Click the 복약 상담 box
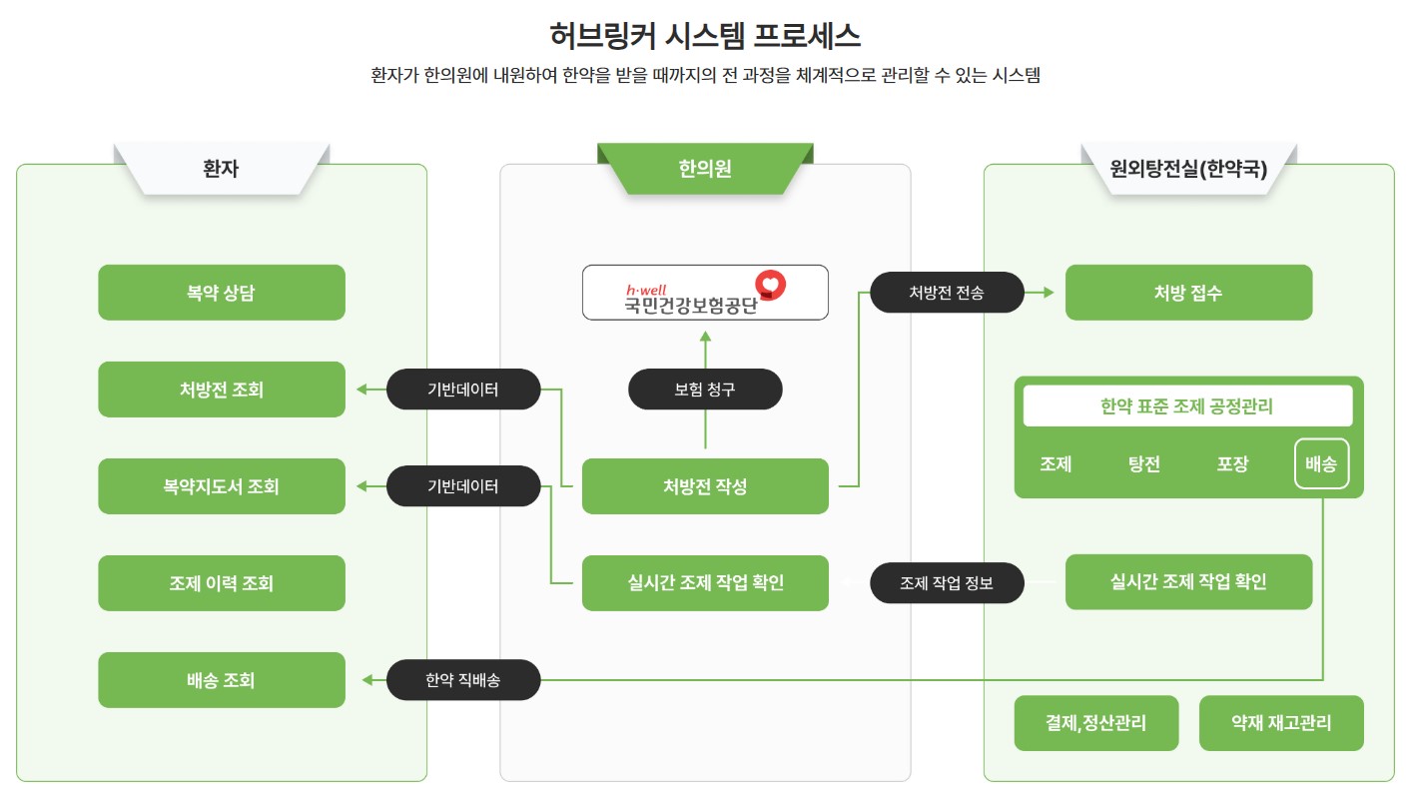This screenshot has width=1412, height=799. tap(222, 293)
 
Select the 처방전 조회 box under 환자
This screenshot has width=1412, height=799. tap(222, 390)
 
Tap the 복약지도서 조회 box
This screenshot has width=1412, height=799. tap(222, 486)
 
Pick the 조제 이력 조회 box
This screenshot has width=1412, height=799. tap(222, 583)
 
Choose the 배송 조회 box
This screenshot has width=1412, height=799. tap(222, 680)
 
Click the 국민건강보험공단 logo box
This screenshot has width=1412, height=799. tap(705, 293)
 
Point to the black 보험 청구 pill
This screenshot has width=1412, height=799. tap(705, 390)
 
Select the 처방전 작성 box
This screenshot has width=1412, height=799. tap(705, 486)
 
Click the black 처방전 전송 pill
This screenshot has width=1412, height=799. tap(947, 292)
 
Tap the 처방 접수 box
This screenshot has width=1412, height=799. tap(1189, 293)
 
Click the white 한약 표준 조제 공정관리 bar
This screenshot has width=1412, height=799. tap(1187, 406)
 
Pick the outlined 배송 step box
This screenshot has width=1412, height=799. tap(1322, 463)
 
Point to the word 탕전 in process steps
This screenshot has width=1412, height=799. tap(1144, 464)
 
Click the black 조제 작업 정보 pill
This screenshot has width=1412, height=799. tap(947, 582)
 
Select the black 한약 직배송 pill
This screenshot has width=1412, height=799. tap(463, 680)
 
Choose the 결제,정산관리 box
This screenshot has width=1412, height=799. tap(1096, 723)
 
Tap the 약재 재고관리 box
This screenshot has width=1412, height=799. tap(1281, 723)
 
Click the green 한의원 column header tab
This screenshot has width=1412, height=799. tap(705, 169)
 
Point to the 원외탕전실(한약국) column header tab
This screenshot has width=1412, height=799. tap(1189, 169)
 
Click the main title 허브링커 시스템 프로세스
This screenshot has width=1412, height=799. tap(705, 35)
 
